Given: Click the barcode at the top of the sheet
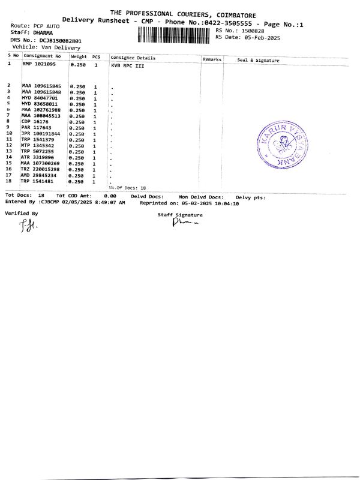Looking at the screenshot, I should pyautogui.click(x=175, y=35).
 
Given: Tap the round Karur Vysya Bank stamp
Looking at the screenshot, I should pyautogui.click(x=281, y=146).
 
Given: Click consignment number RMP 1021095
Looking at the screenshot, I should pyautogui.click(x=39, y=64).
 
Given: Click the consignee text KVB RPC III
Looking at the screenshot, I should pyautogui.click(x=127, y=65).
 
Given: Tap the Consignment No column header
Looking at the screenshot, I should pyautogui.click(x=42, y=56).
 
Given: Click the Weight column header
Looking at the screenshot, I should pyautogui.click(x=79, y=56).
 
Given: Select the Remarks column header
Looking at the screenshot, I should pyautogui.click(x=212, y=59).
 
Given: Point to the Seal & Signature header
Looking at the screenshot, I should pyautogui.click(x=258, y=60).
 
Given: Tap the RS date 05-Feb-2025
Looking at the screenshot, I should pyautogui.click(x=259, y=37).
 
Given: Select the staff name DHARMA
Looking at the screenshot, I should pyautogui.click(x=43, y=32).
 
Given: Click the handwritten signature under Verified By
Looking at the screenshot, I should pyautogui.click(x=26, y=226).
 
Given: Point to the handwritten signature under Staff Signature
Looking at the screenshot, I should pyautogui.click(x=184, y=223).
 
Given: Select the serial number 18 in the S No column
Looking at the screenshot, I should pyautogui.click(x=9, y=181).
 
